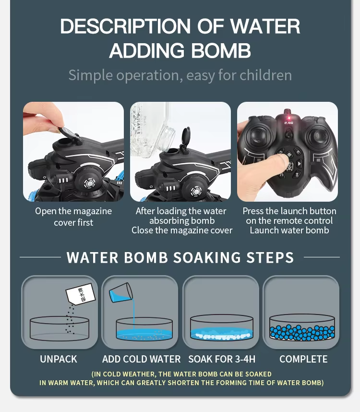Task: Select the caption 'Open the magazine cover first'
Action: point(73,217)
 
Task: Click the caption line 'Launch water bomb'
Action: point(289,230)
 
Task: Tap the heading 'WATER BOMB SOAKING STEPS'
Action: point(180,257)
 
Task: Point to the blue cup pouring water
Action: point(120,292)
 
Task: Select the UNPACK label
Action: point(59,359)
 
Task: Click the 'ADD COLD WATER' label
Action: point(141,359)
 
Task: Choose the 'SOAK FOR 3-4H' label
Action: point(221,359)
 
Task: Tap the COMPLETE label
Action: point(303,359)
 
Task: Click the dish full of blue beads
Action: point(302,328)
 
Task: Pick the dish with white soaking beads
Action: point(221,328)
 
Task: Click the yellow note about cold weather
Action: point(181,378)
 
